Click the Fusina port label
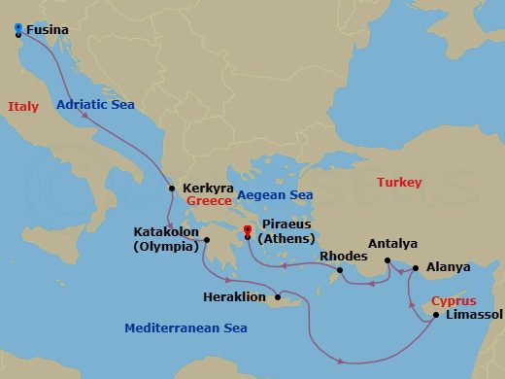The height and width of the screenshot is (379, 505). coord(47,30)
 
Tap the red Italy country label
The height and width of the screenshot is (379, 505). coord(22,107)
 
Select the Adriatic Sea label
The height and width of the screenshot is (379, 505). coord(95,104)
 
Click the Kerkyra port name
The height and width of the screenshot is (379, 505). coord(204,189)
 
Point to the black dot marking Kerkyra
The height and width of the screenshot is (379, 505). coord(172,189)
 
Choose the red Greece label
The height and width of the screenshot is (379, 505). coord(209,201)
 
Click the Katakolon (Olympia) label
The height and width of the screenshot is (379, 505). coord(166,240)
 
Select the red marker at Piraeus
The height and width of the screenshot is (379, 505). coord(247,230)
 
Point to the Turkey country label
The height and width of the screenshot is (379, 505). coord(399,183)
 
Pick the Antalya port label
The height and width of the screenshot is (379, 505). coord(393,244)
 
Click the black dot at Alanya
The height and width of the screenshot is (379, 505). coord(416,267)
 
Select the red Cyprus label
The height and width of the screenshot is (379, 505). coord(454,301)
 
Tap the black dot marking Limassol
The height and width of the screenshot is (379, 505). coord(435,314)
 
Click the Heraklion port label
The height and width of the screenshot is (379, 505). coord(234,297)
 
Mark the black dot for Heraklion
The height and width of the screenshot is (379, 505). coord(278,297)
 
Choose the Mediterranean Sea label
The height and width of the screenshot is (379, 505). coord(185,328)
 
